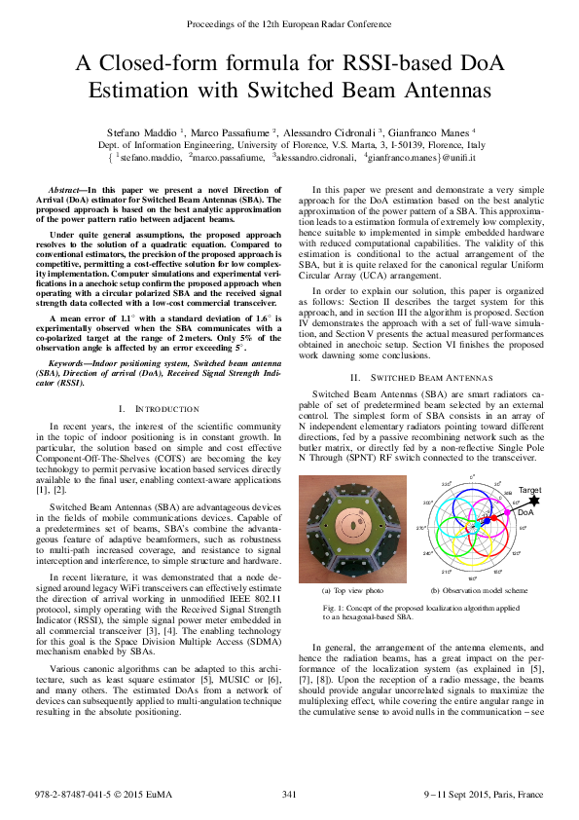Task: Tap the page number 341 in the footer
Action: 289,795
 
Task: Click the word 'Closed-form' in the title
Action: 166,65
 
